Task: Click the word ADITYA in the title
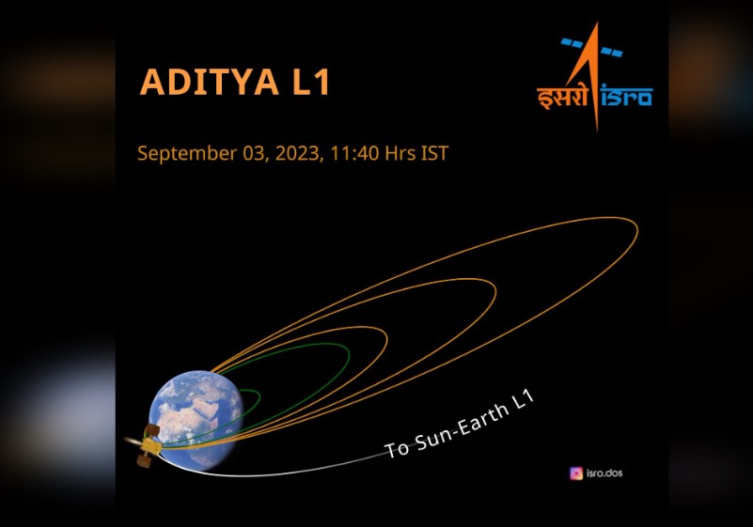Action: point(210,82)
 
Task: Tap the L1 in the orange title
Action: point(311,82)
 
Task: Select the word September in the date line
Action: point(187,153)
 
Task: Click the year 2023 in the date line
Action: point(297,153)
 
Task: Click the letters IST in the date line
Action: point(434,153)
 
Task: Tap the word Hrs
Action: point(400,153)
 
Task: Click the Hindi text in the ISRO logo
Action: point(562,98)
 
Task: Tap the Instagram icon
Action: point(576,473)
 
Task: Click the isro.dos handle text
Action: point(604,473)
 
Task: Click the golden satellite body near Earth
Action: point(150,446)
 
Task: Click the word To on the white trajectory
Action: point(397,449)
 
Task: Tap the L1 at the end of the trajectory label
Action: point(523,400)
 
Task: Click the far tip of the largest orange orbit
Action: point(637,229)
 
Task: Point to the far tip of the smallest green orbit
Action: point(259,396)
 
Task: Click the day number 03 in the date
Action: point(253,153)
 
